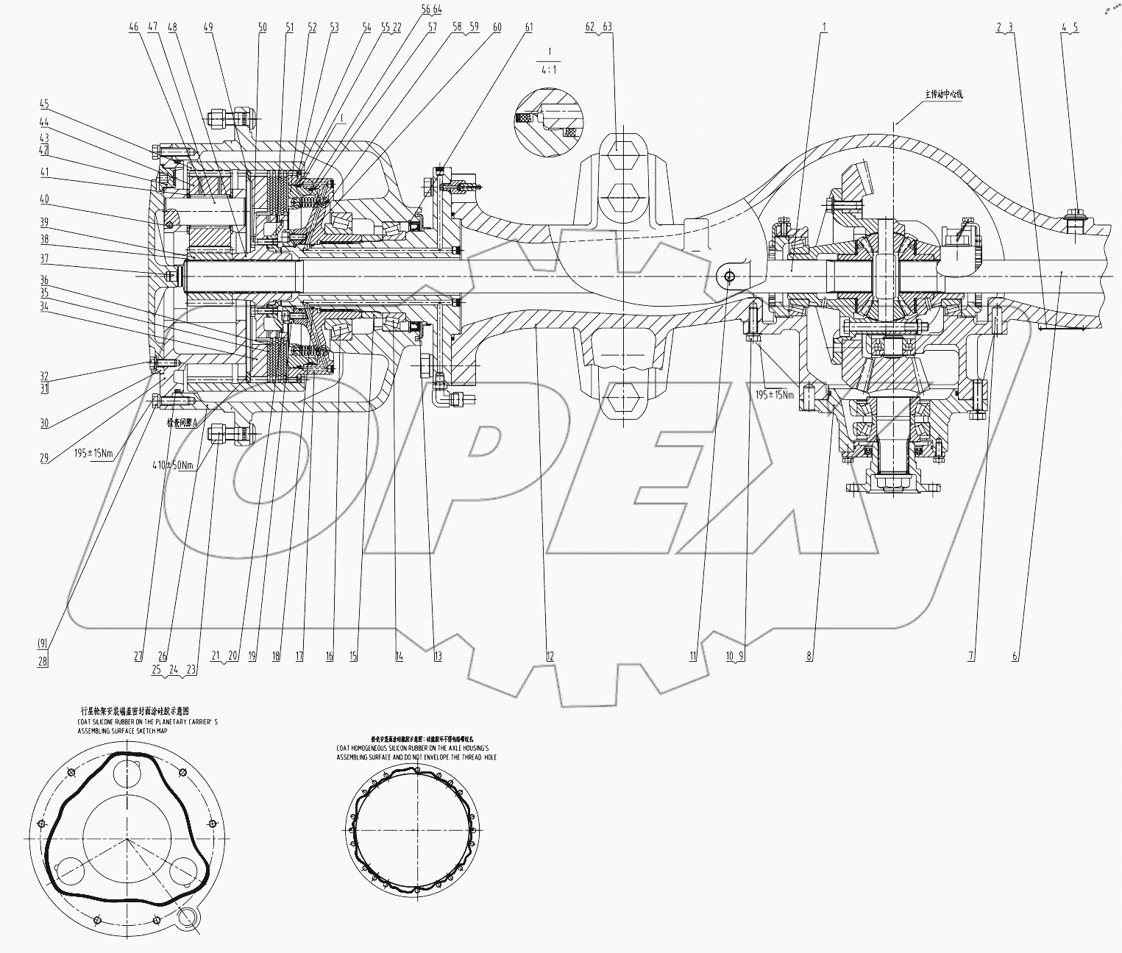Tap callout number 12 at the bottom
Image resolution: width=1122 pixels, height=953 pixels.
(x=550, y=657)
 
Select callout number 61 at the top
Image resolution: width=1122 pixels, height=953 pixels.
(x=529, y=27)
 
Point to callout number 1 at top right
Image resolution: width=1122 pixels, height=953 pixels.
(x=824, y=27)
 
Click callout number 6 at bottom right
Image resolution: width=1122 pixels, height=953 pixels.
(x=1015, y=657)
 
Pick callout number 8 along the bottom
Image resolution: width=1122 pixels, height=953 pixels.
(x=809, y=657)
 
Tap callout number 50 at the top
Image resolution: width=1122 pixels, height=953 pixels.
(x=263, y=27)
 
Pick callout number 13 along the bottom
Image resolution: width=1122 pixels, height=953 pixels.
(x=438, y=657)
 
